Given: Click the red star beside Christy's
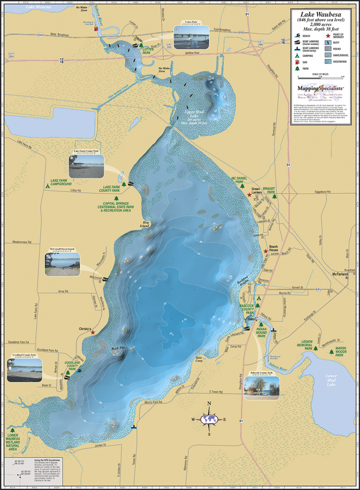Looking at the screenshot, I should pos(93,332).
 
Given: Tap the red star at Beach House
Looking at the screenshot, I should pos(266,251).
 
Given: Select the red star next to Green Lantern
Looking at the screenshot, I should pos(249,195).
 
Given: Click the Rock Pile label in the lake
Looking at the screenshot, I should pos(118,348).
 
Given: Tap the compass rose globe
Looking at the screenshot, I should pos(209,419).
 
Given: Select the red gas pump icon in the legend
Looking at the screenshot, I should pos(297,62).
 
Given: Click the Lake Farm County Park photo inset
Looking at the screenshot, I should pos(87,166).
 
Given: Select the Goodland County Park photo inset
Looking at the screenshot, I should pos(24,370).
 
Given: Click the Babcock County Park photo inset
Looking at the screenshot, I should pos(261,387).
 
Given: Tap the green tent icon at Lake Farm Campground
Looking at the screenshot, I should pos(47,186).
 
